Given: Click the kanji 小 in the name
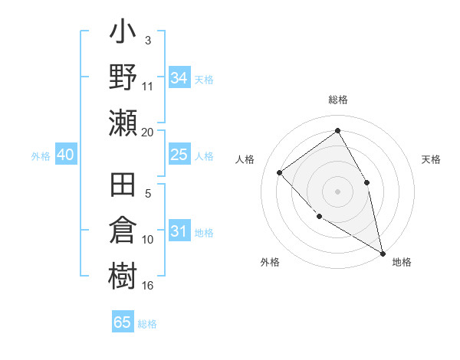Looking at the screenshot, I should coord(123,34).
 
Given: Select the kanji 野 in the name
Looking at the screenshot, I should coord(123,77).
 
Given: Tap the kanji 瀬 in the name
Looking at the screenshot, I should coord(123,123).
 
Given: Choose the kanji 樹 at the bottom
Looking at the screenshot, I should coord(123,275).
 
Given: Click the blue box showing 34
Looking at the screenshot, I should coord(179,77).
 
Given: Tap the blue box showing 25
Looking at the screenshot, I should coord(179,155).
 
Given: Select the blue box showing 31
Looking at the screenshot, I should coord(179,231).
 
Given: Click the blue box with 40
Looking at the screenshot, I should coord(65,155).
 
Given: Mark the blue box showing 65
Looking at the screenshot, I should coord(123,322).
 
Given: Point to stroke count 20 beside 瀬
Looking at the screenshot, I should coord(148,132).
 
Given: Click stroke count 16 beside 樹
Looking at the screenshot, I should coord(148,285).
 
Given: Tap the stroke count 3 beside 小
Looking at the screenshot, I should coord(147,39).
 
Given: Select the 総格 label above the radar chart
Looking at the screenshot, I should coord(337,100).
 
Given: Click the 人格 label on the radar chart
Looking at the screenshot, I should coord(245,159).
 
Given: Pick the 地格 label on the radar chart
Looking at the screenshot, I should coord(402,262).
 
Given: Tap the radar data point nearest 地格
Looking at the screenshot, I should coord(383,253).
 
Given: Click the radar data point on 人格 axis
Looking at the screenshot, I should coord(280,172).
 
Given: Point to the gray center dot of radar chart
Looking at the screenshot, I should coord(337,191).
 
